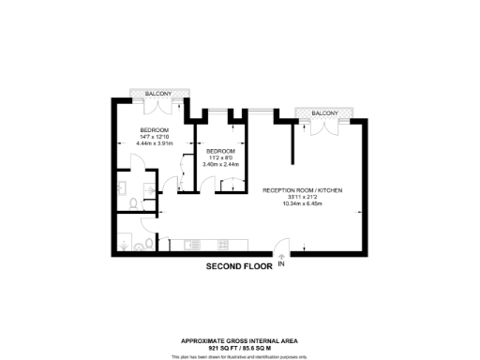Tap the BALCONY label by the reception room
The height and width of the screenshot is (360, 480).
(324, 113)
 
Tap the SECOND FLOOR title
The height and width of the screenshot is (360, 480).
(239, 267)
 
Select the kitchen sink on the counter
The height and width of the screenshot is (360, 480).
(193, 247)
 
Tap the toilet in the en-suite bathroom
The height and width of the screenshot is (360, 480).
(135, 201)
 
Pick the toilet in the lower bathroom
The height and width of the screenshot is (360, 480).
(139, 247)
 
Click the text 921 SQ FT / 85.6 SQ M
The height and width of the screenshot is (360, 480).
(239, 347)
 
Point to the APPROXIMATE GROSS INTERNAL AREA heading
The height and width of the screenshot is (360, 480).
(239, 339)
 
